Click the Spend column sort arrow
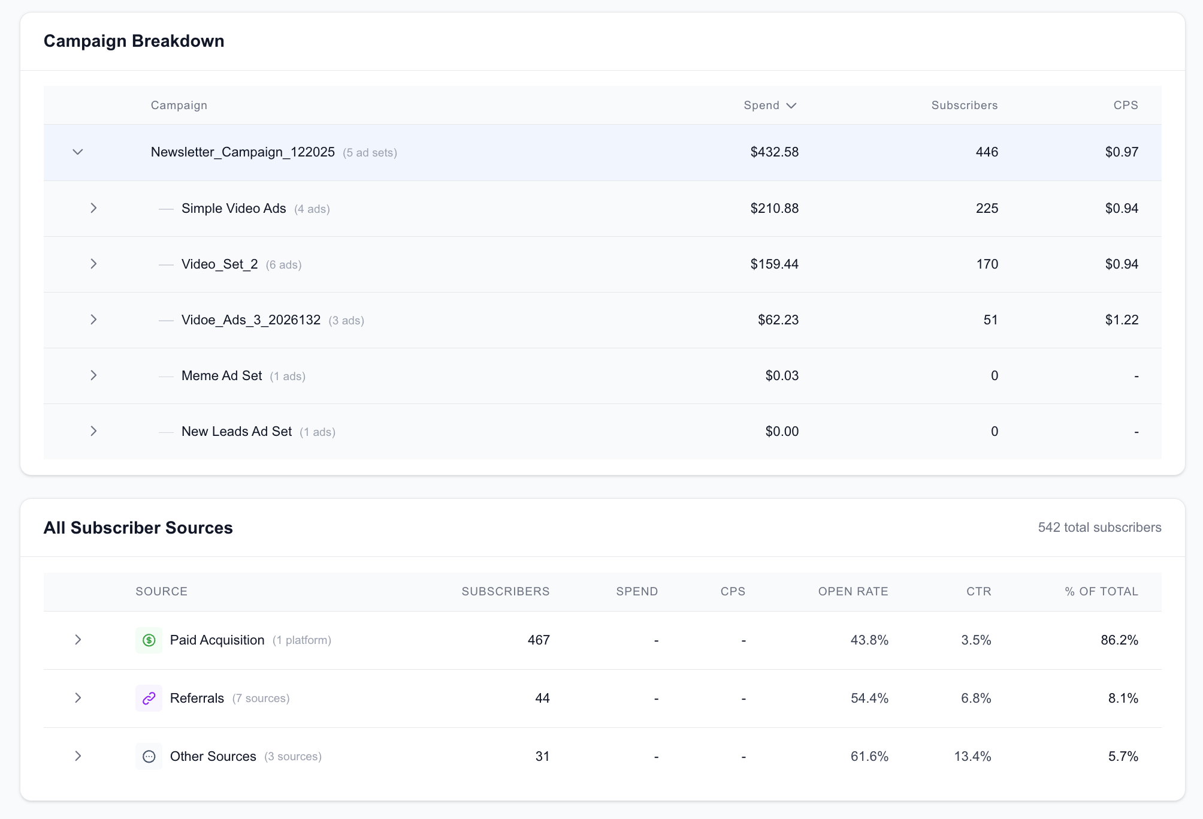tap(791, 106)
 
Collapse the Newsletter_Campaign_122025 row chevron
tap(78, 152)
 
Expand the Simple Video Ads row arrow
tap(93, 208)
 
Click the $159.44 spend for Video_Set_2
tap(774, 264)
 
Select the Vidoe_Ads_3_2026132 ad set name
tap(251, 320)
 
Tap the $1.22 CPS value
tap(1122, 320)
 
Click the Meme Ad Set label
tap(222, 376)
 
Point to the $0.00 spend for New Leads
tap(782, 432)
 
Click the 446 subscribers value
tap(987, 152)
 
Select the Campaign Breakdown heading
tap(134, 41)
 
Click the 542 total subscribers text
tap(1099, 528)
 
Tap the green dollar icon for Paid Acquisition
tap(149, 640)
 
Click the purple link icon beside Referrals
tap(149, 698)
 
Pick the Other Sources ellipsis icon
tap(149, 757)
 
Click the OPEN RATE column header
tap(853, 592)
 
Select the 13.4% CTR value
tap(972, 757)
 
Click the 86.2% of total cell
tap(1119, 640)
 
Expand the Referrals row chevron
tap(78, 698)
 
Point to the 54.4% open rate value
tap(869, 698)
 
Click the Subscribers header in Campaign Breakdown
tap(964, 106)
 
